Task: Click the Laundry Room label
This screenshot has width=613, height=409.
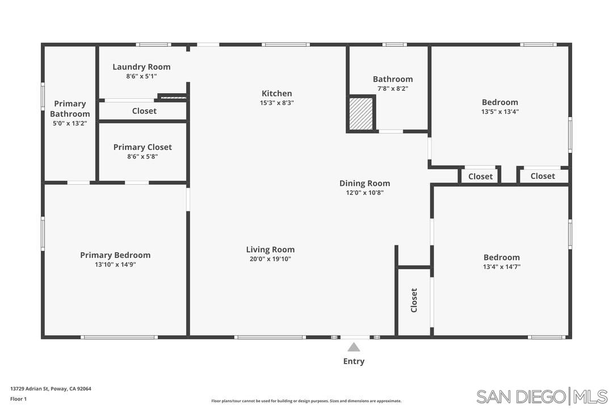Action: (141, 67)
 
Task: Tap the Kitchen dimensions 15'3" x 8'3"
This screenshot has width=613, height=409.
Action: (276, 103)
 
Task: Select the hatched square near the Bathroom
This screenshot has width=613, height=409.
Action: (360, 114)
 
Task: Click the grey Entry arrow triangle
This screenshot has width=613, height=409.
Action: (354, 347)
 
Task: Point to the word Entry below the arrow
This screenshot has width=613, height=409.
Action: (354, 361)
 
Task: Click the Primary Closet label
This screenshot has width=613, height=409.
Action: (142, 147)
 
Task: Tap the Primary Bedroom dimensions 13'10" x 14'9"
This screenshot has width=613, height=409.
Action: (115, 264)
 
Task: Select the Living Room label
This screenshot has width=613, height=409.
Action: (270, 249)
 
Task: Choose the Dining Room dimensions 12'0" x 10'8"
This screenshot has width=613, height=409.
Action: (364, 193)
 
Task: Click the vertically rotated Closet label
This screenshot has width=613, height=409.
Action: (414, 300)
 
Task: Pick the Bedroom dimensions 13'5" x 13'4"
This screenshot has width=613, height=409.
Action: (499, 111)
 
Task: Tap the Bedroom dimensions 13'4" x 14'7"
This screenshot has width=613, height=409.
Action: (501, 266)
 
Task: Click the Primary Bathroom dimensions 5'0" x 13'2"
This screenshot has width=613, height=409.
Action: (70, 123)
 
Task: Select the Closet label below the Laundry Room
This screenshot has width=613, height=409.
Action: (144, 111)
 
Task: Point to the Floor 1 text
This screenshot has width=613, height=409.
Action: (18, 399)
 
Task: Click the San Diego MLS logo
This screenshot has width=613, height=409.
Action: (541, 396)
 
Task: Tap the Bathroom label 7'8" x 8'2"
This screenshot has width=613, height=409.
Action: (392, 88)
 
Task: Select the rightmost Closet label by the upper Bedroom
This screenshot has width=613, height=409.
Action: (543, 176)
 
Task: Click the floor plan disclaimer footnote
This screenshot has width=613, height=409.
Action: (306, 401)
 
